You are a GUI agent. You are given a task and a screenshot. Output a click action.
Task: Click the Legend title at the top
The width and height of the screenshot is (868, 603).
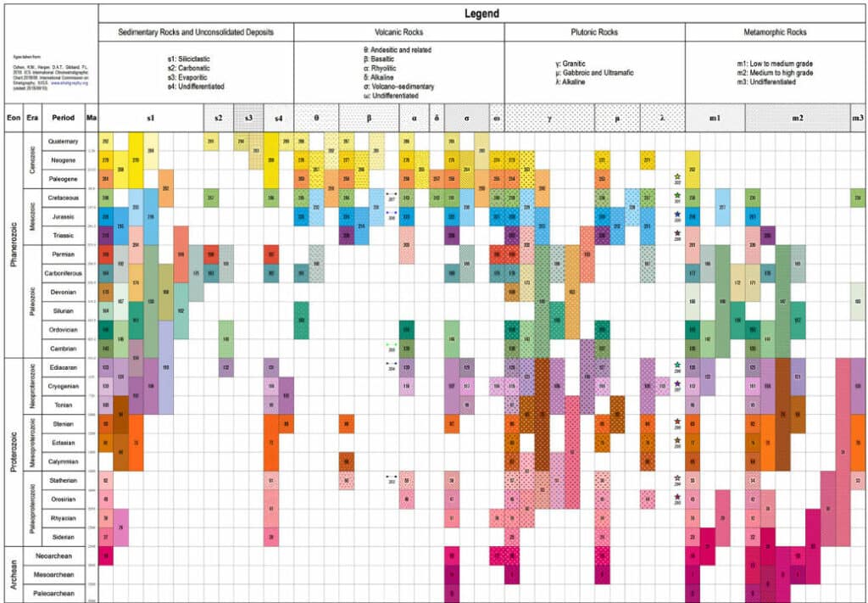coord(481,14)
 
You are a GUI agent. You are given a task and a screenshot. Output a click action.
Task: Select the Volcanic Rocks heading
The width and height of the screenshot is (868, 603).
coord(399,32)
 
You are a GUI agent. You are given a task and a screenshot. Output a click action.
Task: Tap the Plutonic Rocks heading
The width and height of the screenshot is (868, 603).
coord(594,32)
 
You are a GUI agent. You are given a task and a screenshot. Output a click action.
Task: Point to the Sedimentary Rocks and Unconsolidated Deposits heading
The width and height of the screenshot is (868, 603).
coord(196,32)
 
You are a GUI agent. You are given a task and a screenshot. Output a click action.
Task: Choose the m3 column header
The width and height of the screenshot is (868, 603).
coord(859,118)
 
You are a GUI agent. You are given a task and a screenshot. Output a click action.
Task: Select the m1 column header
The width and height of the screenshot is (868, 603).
coord(715,118)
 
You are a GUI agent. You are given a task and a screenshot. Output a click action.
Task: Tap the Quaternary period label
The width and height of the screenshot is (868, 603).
coord(64,141)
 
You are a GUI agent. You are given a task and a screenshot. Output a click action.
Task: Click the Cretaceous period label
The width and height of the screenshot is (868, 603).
coord(64,198)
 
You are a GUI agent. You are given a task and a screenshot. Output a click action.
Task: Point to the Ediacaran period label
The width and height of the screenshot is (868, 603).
coord(64,367)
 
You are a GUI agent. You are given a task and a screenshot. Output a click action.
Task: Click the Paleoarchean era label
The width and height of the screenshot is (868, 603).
coord(64,593)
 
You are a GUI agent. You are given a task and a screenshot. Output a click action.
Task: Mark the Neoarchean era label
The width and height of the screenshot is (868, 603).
coord(64,556)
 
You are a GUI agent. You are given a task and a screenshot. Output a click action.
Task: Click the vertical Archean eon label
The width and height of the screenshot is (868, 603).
coord(13,574)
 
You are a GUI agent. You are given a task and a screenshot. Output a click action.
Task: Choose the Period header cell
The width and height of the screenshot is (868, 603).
coord(64,118)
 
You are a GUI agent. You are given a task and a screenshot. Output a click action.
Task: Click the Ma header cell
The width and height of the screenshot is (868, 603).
coord(91,118)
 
